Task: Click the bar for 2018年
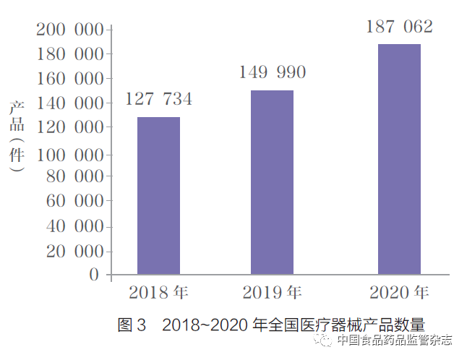[158, 195]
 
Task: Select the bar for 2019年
[272, 182]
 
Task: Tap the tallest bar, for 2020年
[399, 159]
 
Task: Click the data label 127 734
[159, 99]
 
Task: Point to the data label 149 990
[273, 72]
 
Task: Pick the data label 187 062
[399, 27]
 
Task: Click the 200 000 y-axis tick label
[70, 30]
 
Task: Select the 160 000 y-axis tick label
[70, 78]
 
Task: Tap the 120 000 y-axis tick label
[70, 127]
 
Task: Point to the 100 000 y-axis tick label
[70, 155]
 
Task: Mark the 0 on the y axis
[94, 275]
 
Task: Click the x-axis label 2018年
[158, 293]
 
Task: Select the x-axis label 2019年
[272, 293]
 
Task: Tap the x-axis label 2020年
[399, 293]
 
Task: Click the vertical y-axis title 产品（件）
[17, 136]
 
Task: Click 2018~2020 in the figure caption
[205, 325]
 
